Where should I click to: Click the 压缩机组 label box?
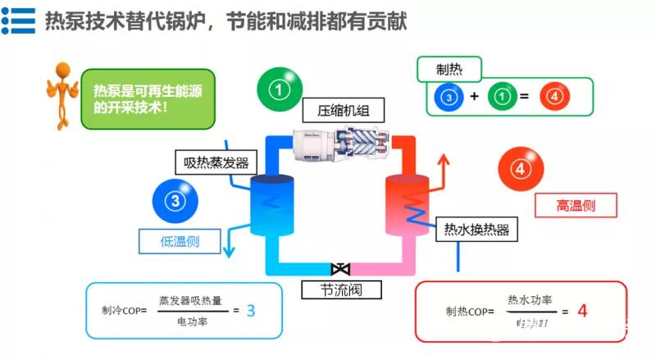tap(335, 111)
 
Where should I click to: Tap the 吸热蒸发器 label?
tap(211, 162)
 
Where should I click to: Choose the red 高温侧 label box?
tap(575, 205)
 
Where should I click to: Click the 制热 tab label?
tap(449, 68)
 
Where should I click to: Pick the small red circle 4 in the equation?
tap(554, 98)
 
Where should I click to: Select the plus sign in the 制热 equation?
tap(474, 98)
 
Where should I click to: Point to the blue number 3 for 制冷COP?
tap(251, 310)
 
